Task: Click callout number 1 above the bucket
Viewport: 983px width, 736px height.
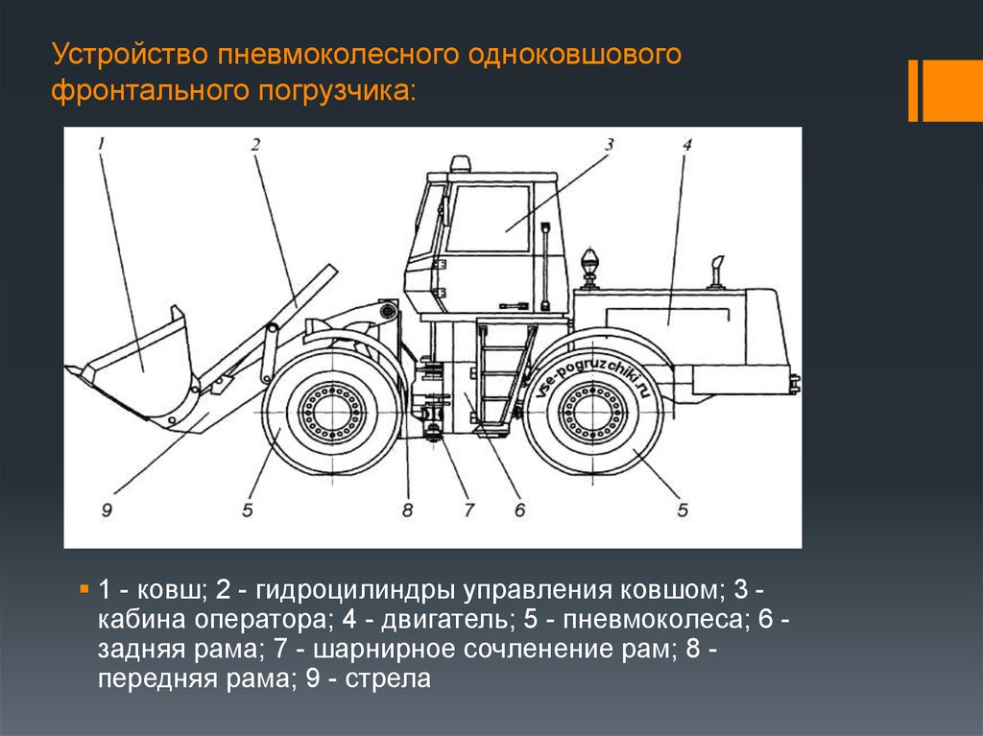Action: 102,145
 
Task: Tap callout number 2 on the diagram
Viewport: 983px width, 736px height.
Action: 255,145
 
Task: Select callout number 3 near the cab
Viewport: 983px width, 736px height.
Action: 609,145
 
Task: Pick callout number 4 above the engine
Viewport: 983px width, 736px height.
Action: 687,145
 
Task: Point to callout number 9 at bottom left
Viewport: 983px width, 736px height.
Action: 107,510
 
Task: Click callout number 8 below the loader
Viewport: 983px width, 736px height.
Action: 407,510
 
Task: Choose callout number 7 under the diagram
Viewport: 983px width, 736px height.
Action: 468,510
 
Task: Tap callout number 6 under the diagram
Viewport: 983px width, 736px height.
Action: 519,510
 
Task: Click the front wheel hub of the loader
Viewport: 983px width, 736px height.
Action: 332,413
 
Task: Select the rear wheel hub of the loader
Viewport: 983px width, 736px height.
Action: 591,413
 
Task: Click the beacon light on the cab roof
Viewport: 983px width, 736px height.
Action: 460,163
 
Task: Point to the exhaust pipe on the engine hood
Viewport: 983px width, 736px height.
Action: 717,273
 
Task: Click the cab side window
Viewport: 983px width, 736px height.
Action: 489,219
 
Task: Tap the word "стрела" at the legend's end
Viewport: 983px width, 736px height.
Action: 388,679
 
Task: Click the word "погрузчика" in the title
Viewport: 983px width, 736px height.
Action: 336,91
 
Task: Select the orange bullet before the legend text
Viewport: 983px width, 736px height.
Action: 84,589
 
